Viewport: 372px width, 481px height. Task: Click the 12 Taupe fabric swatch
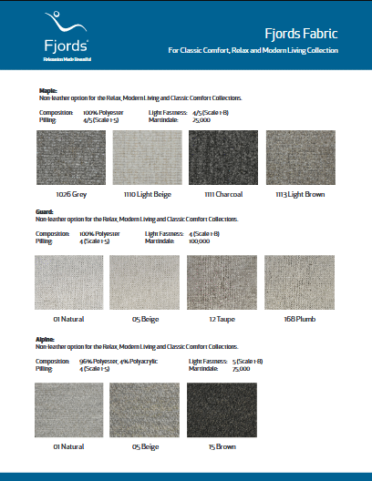222,283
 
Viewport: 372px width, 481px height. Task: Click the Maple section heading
47,91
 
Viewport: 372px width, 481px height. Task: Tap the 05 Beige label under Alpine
146,446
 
